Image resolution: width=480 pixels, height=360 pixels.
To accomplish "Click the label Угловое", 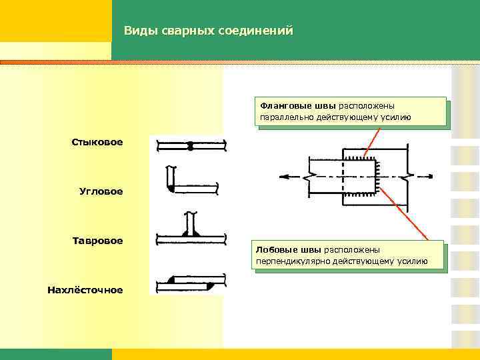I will (x=101, y=191).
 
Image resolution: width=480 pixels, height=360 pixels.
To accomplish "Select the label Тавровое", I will (x=98, y=240).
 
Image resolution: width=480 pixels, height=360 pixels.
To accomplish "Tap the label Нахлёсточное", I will (x=85, y=289).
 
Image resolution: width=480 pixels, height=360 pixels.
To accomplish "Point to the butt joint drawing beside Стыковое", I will (x=190, y=145).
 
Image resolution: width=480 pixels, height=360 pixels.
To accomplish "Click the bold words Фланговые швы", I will (x=298, y=105).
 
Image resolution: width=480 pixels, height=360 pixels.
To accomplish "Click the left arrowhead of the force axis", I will (x=285, y=177).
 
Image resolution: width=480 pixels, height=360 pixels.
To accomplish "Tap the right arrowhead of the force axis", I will (x=432, y=177).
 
